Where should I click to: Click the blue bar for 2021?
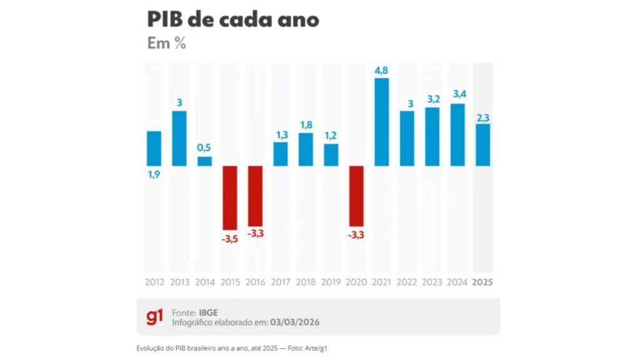pos(381,122)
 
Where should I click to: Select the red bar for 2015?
pos(230,197)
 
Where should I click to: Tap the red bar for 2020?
pos(356,196)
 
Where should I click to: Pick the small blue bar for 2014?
pos(204,161)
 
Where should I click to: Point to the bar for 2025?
pos(482,145)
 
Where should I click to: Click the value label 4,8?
pos(382,70)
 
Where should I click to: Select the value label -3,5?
pos(230,238)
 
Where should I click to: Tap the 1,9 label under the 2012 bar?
pos(154,175)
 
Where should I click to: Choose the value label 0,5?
pos(204,148)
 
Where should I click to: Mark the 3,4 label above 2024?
pos(457,95)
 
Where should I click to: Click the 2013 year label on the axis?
pos(179,282)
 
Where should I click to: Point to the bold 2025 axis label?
pos(482,282)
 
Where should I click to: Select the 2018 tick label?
pos(306,282)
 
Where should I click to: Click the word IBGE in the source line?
pos(210,311)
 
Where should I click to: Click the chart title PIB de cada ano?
pos(233,19)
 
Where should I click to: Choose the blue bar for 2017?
pos(281,154)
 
